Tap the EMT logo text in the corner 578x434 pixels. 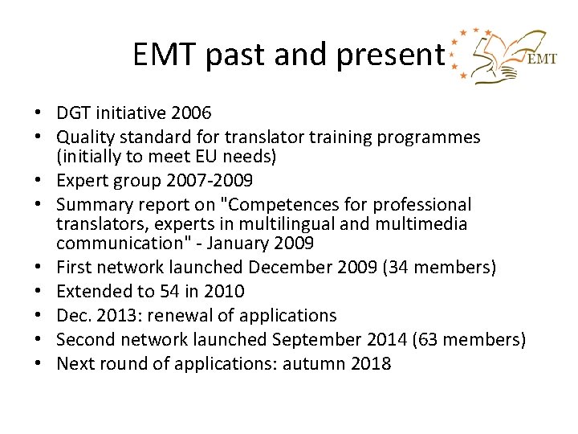coord(540,59)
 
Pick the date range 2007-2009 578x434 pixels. coord(218,179)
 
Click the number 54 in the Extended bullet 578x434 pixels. coord(165,290)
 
